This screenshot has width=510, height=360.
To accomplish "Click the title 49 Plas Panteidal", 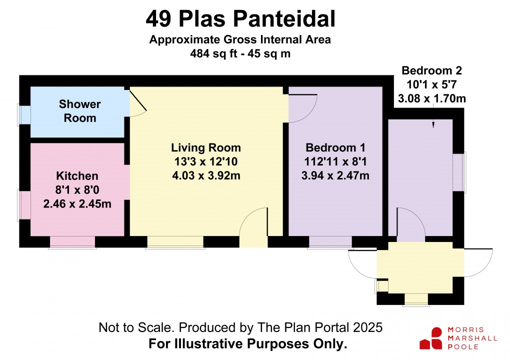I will point(240,19).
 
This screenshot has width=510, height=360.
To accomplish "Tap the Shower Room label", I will point(79,111).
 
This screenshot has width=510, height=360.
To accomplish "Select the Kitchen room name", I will point(77,176).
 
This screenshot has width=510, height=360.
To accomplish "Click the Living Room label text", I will point(206,147).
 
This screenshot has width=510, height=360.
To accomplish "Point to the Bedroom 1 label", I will point(335,147).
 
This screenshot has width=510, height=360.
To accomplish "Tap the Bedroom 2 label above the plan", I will point(431,70).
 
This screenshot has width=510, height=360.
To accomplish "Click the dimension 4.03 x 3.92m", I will point(206,175).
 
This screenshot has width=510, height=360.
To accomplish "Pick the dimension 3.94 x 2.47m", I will point(335,175).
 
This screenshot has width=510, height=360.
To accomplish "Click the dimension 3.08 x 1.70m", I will point(431,98).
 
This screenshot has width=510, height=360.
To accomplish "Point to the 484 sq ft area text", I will point(239,53).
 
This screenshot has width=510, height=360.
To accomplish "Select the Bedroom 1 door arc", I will point(302,107).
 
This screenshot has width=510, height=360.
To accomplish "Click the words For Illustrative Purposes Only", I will point(248,344).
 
